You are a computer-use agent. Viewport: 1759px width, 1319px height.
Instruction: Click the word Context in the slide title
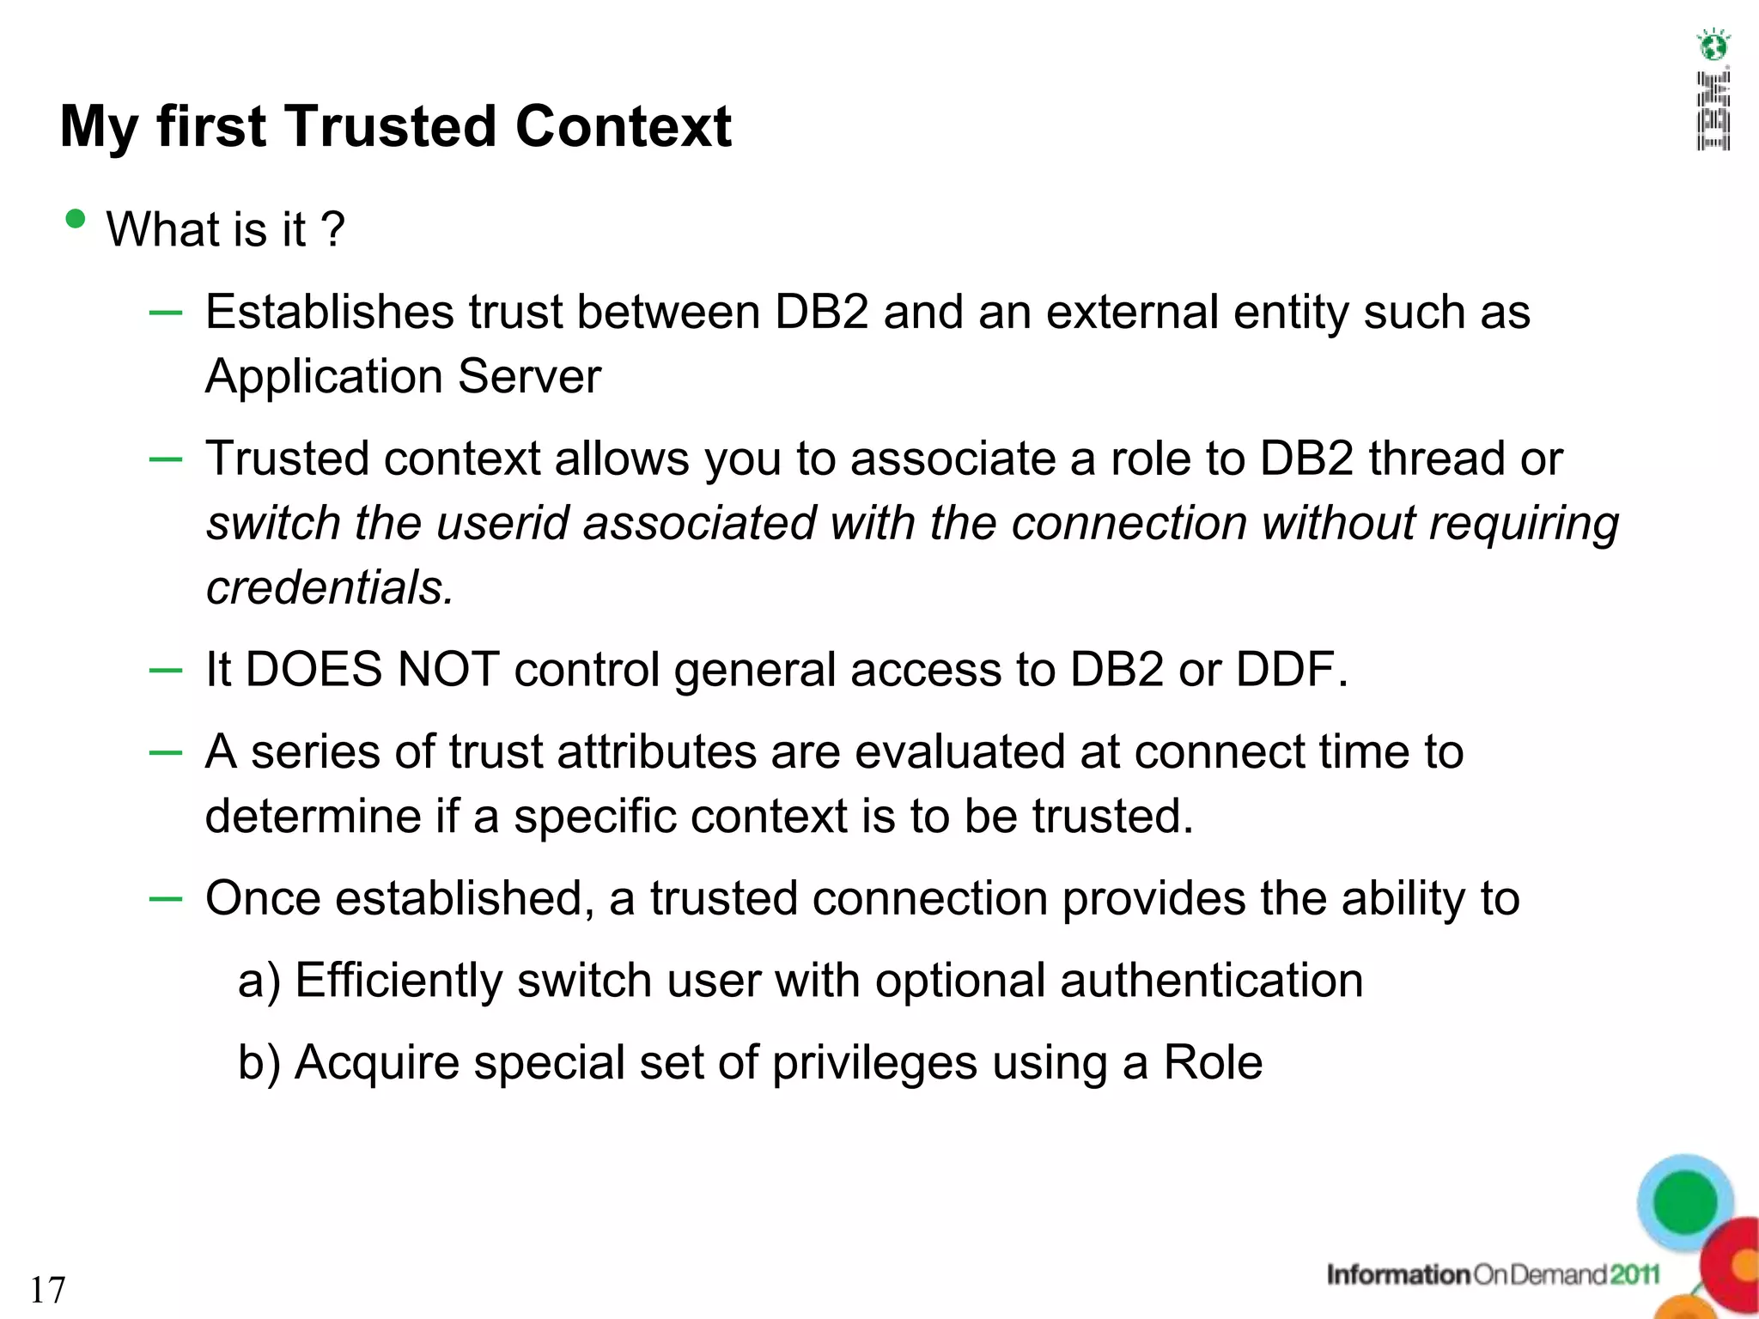(x=624, y=127)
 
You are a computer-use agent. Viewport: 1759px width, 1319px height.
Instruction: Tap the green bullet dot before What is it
(x=76, y=219)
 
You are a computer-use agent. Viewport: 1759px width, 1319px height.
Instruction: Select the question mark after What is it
(x=332, y=230)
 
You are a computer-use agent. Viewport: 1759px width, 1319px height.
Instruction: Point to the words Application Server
(x=403, y=376)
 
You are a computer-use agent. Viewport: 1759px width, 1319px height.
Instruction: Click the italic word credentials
(x=329, y=588)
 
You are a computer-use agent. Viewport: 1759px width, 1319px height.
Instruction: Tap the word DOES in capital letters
(x=313, y=670)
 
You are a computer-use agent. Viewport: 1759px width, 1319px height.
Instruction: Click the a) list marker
(x=259, y=981)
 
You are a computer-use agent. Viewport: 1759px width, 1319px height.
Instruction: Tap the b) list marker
(x=259, y=1063)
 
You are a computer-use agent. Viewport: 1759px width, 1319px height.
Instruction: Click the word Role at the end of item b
(x=1213, y=1063)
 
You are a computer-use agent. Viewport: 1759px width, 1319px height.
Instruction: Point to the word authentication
(x=1211, y=981)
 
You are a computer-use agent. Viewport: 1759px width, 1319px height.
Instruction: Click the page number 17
(x=48, y=1290)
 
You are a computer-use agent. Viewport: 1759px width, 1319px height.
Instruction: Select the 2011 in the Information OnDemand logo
(x=1634, y=1275)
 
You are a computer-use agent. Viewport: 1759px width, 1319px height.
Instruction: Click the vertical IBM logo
(x=1713, y=112)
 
